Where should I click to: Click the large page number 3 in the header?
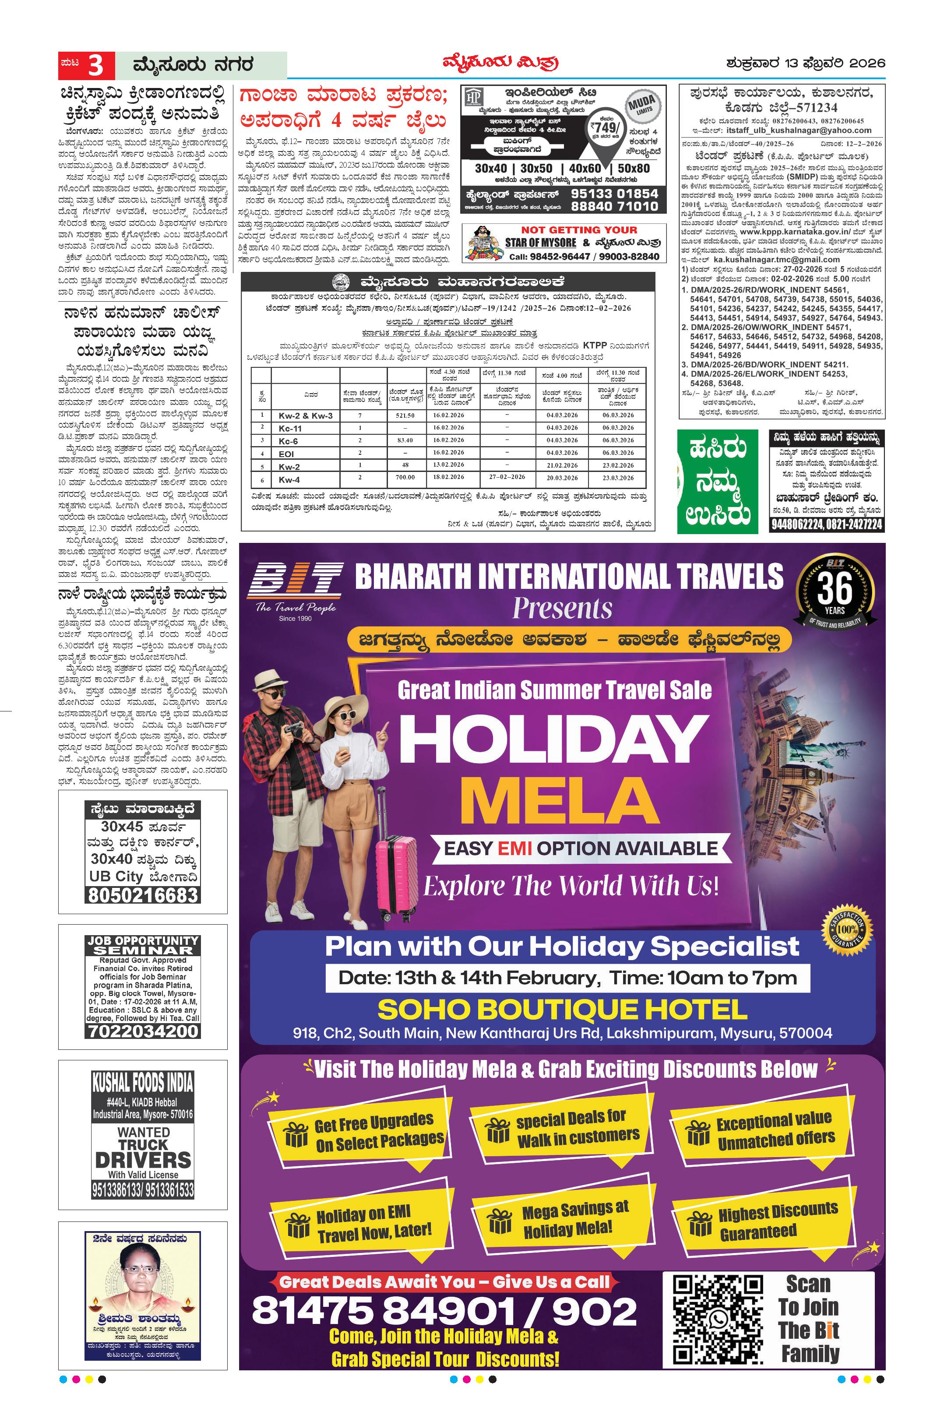tap(96, 66)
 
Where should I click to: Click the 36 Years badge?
tap(835, 592)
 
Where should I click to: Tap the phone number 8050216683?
tap(143, 895)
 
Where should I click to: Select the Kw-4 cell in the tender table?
tap(289, 480)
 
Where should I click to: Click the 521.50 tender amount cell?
tap(405, 415)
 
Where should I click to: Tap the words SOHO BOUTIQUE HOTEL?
tap(562, 1010)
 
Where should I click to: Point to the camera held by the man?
tap(295, 730)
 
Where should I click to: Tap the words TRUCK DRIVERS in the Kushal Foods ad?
tap(143, 1152)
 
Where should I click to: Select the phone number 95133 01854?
tap(614, 193)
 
